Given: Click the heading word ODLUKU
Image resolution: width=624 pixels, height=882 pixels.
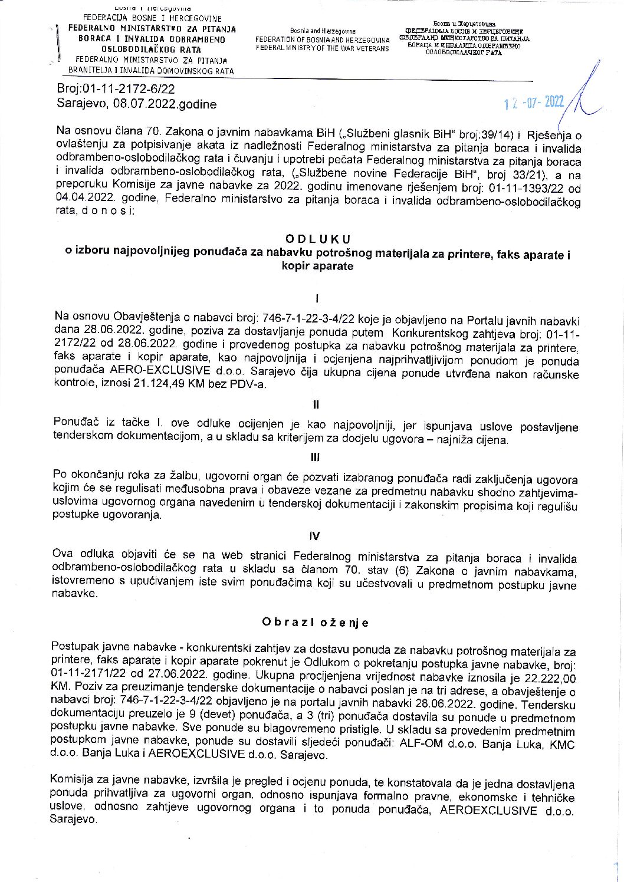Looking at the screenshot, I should [x=317, y=239].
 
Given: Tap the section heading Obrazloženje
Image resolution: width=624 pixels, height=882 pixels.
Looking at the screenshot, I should [x=316, y=623].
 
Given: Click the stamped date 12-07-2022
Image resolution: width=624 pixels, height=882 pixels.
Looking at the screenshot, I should [x=534, y=103].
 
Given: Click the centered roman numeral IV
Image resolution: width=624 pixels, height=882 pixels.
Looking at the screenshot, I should [x=315, y=536].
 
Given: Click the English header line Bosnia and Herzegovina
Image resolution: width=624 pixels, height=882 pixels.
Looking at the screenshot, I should [x=323, y=31].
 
